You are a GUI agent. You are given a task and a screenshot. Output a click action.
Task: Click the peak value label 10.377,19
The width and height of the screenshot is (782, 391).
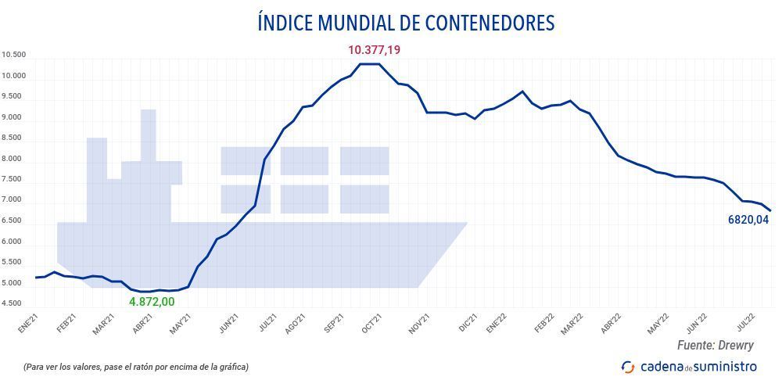click(374, 50)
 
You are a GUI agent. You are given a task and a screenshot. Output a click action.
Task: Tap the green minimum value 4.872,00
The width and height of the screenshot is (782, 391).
click(152, 301)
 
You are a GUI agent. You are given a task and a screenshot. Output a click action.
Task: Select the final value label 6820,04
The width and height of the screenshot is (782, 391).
click(748, 220)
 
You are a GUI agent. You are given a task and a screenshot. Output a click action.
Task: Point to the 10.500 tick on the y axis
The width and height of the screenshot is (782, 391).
click(14, 56)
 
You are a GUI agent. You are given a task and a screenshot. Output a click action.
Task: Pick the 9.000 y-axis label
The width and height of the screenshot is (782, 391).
click(14, 118)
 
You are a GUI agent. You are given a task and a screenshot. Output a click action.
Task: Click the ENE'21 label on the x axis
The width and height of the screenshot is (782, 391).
click(28, 323)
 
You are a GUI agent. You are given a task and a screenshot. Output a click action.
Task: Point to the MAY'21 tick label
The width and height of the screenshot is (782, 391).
click(181, 323)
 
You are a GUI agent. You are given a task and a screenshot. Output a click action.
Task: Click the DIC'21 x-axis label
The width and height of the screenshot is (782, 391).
click(467, 323)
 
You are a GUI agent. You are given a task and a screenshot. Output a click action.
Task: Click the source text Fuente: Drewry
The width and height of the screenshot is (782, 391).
click(715, 345)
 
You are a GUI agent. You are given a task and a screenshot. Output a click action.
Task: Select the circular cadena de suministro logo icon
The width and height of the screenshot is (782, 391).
click(627, 367)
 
